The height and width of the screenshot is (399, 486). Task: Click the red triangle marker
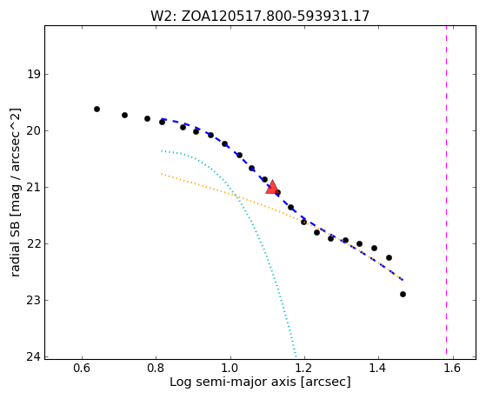[x=272, y=187]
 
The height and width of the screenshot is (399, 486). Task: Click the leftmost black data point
[x=97, y=110]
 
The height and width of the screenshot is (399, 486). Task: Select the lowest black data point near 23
[x=403, y=294]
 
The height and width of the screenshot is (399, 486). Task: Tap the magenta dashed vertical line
[x=446, y=190]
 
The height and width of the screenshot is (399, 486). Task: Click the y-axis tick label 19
[x=33, y=75]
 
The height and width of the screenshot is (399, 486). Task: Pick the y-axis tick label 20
[x=33, y=131]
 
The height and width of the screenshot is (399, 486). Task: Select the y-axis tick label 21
[x=33, y=187]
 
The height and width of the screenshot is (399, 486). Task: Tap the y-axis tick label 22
[x=33, y=243]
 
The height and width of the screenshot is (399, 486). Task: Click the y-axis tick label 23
[x=33, y=300]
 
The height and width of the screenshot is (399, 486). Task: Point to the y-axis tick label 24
[x=33, y=356]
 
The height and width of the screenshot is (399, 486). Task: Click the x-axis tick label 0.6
[x=82, y=368]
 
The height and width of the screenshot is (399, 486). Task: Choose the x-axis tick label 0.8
[x=156, y=368]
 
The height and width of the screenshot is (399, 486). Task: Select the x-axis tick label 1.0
[x=230, y=368]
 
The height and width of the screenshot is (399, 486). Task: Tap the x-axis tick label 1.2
[x=304, y=368]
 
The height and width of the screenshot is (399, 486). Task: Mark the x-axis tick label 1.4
[x=378, y=368]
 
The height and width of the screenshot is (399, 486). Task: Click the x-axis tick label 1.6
[x=453, y=368]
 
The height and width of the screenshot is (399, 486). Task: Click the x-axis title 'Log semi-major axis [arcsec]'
[x=260, y=382]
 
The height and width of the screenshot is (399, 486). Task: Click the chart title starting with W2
[x=260, y=16]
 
